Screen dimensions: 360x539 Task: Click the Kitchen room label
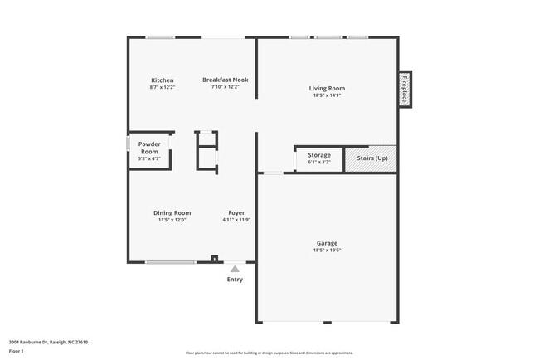click(162, 80)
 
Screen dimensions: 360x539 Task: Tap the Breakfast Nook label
click(225, 80)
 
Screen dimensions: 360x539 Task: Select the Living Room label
click(327, 88)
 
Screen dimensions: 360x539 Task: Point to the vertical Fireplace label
click(405, 89)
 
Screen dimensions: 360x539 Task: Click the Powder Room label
click(149, 148)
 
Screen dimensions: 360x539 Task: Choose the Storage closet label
click(319, 155)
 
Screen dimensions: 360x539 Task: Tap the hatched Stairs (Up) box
click(371, 158)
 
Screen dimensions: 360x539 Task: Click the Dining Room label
click(172, 213)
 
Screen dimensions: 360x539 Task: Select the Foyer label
click(236, 213)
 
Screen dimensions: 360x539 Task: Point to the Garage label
click(327, 243)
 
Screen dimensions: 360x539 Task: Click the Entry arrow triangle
click(236, 269)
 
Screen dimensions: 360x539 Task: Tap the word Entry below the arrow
click(236, 280)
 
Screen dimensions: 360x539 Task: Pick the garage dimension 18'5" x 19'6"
click(327, 251)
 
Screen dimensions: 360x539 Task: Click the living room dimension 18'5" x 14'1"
click(327, 95)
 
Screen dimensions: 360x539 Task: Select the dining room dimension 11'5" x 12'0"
click(172, 221)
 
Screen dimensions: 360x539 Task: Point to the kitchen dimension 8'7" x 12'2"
click(162, 87)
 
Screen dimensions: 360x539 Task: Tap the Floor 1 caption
click(17, 351)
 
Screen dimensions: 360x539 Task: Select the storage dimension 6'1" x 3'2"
click(319, 163)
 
